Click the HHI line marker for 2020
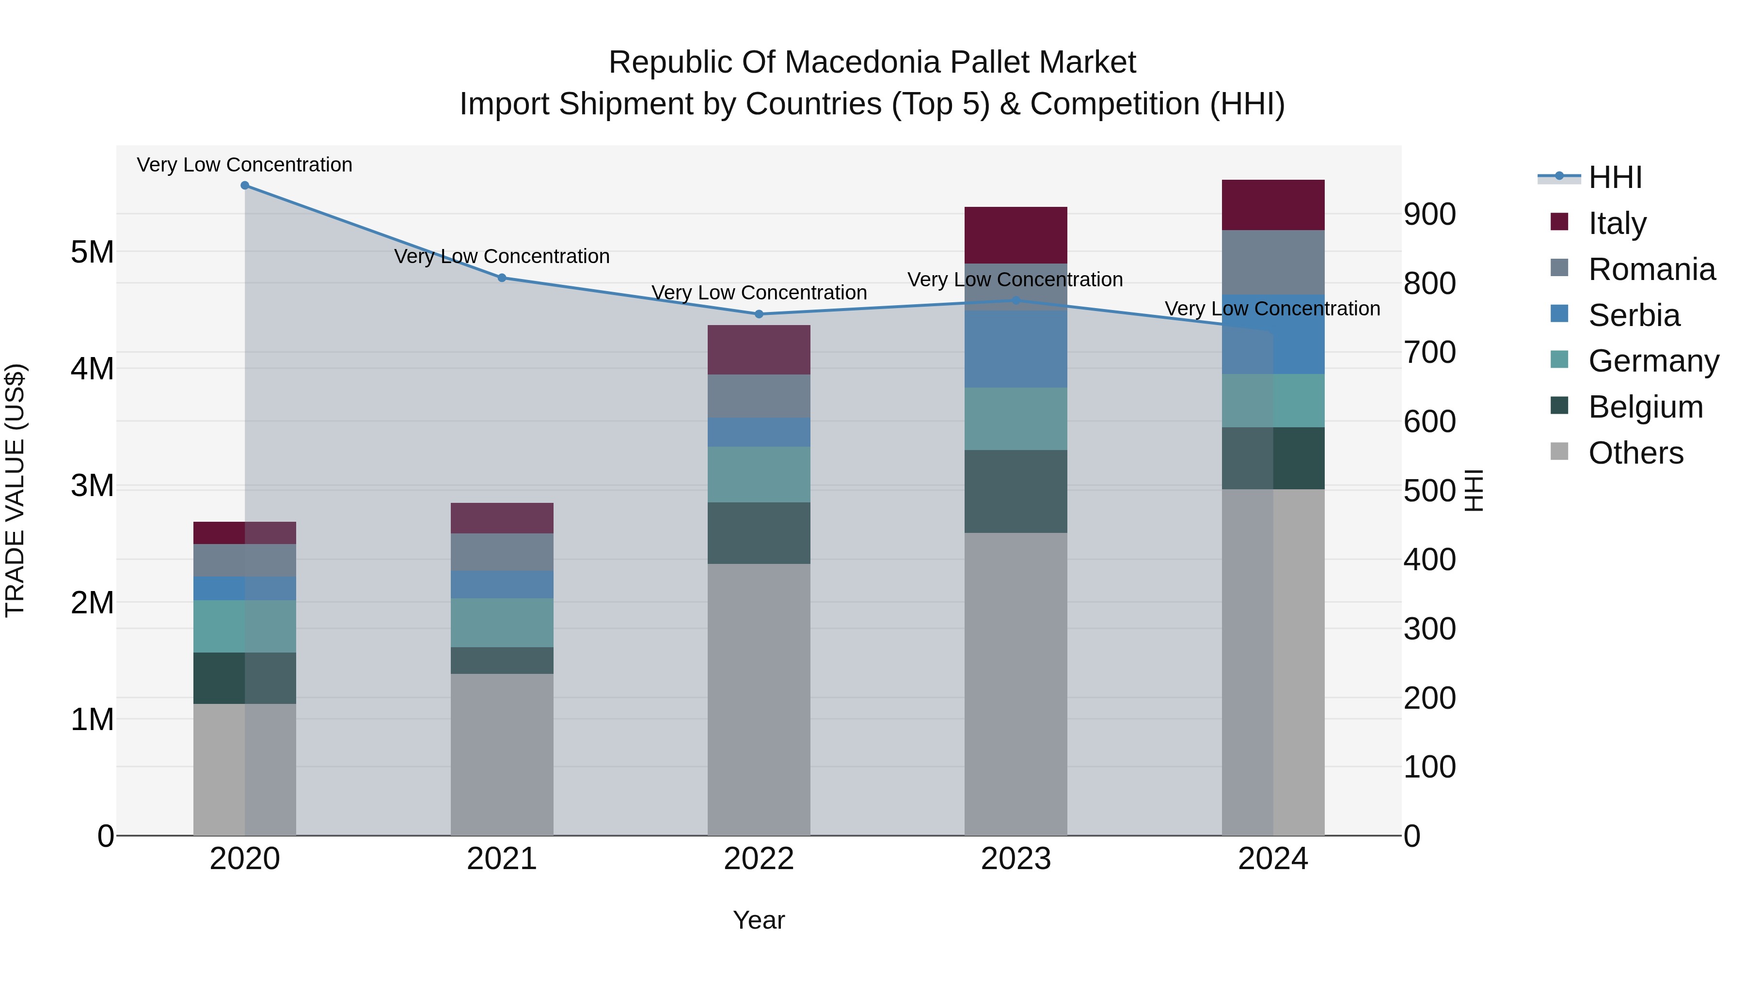coord(245,186)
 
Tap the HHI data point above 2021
coord(502,278)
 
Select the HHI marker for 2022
coord(759,314)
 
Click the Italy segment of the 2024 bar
coord(1273,204)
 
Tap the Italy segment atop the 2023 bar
coord(1015,234)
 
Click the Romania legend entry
coord(1651,269)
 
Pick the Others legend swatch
coord(1559,452)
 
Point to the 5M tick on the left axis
coord(92,252)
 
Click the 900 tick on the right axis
coord(1429,214)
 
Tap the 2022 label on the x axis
coord(759,859)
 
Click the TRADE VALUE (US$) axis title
coord(15,490)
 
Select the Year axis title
coord(759,920)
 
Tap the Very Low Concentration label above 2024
coord(1272,309)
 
